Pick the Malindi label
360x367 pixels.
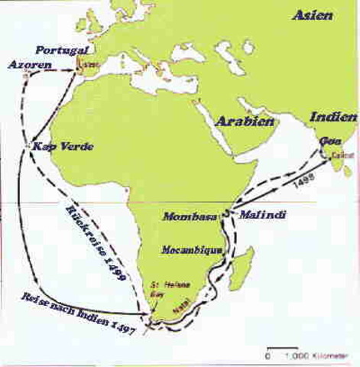coord(263,216)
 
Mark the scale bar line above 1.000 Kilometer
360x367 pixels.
coord(282,350)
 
